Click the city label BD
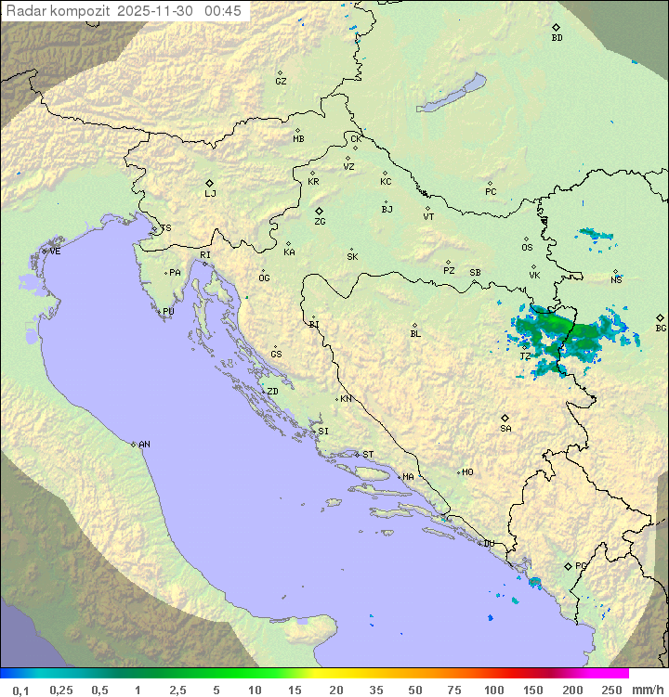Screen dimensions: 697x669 click(x=557, y=38)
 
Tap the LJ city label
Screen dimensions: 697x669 click(x=210, y=193)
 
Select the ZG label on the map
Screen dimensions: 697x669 click(x=320, y=222)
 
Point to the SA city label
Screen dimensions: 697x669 click(x=505, y=428)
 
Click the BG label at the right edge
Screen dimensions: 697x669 click(x=661, y=328)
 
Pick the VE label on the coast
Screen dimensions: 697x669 click(x=55, y=252)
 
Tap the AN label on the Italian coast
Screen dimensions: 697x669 click(x=144, y=445)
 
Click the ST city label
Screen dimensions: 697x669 click(x=368, y=455)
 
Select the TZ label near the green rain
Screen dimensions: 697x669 click(x=525, y=355)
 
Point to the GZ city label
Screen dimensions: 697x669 click(x=281, y=81)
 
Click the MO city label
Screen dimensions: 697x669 click(x=467, y=471)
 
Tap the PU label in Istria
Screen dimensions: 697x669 click(x=168, y=312)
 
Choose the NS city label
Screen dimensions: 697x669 click(x=616, y=279)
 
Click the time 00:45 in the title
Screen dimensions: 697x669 click(x=225, y=10)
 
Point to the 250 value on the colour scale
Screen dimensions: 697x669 click(x=610, y=690)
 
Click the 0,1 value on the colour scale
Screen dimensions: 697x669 click(x=20, y=690)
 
